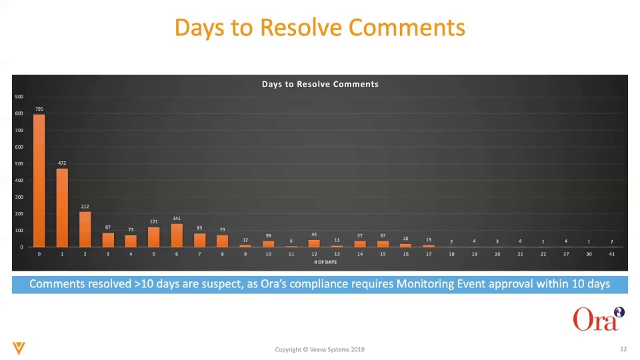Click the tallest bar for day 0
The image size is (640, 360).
pos(39,181)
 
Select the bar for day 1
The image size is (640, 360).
pos(62,208)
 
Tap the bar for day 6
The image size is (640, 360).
pos(177,235)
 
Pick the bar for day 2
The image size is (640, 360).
pos(85,229)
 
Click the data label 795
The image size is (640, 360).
pos(39,109)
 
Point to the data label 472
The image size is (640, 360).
pos(62,163)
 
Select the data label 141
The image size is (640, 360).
pos(177,219)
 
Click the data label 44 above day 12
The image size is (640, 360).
pos(314,234)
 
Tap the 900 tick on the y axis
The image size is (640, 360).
pos(19,97)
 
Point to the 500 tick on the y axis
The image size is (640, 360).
pos(19,164)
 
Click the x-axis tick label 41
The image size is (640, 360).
pos(612,254)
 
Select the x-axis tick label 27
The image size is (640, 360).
pos(566,254)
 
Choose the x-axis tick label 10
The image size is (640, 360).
pos(268,254)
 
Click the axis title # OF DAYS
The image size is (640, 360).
pos(325,262)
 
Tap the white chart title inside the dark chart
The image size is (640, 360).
pos(320,84)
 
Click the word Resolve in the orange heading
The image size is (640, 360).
pos(301,28)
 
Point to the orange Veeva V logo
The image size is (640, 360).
pos(19,348)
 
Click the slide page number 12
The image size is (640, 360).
pos(623,349)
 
